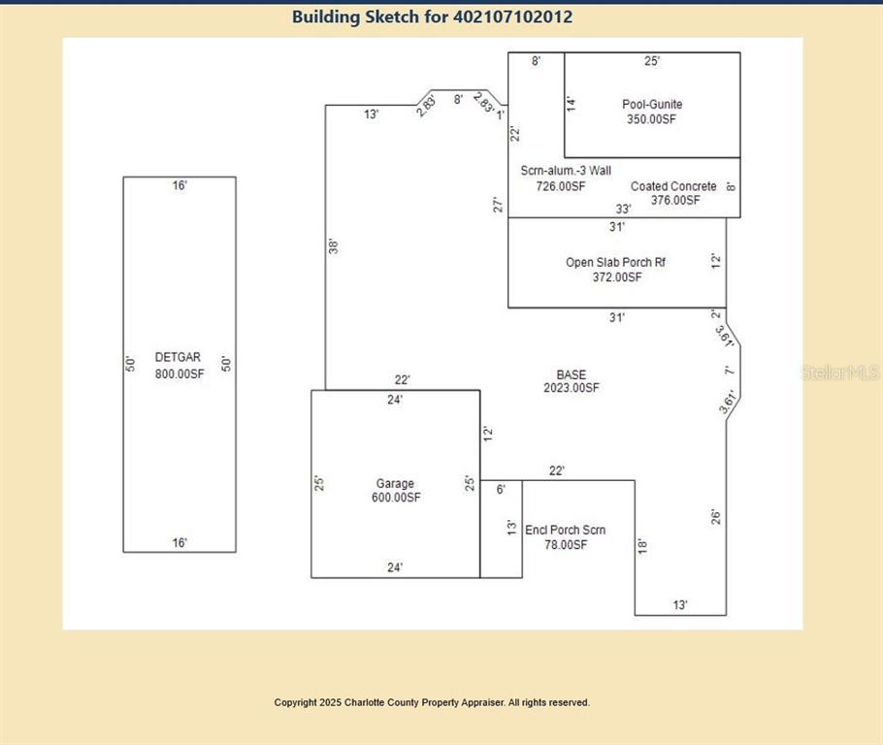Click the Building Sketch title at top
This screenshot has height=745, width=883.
pyautogui.click(x=432, y=16)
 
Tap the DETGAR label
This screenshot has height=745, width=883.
pyautogui.click(x=178, y=358)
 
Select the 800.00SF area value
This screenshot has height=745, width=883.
pyautogui.click(x=180, y=373)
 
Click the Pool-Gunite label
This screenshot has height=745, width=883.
pyautogui.click(x=652, y=104)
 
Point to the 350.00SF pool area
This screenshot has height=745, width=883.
pyautogui.click(x=651, y=119)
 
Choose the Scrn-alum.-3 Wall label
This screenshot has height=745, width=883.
pyautogui.click(x=566, y=171)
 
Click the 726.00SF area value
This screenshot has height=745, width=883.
pyautogui.click(x=562, y=186)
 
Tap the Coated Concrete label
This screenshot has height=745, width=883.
pyautogui.click(x=673, y=186)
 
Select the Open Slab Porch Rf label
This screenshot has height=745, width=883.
pyautogui.click(x=616, y=262)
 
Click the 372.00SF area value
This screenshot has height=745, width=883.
pyautogui.click(x=617, y=277)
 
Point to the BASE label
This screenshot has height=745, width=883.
pyautogui.click(x=571, y=374)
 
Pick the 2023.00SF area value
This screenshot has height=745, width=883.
pyautogui.click(x=572, y=388)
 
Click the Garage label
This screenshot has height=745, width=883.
pyautogui.click(x=395, y=483)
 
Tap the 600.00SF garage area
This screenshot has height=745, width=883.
pyautogui.click(x=396, y=499)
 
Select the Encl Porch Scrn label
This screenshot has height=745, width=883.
pyautogui.click(x=565, y=530)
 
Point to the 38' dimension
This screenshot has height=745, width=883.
pyautogui.click(x=333, y=246)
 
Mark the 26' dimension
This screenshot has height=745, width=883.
pyautogui.click(x=715, y=516)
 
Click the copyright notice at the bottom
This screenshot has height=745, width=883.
pyautogui.click(x=432, y=702)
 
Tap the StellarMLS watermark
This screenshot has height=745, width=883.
pyautogui.click(x=840, y=372)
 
